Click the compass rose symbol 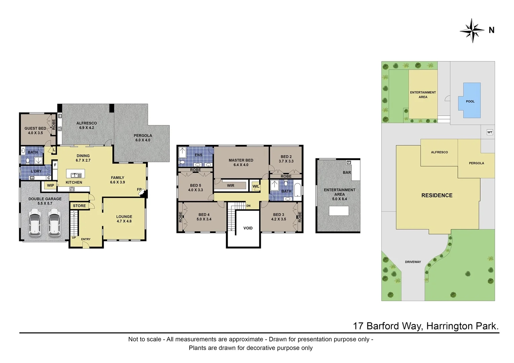[x=472, y=31]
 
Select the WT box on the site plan [x=490, y=132]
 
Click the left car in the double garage [x=35, y=222]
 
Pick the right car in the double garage [x=54, y=222]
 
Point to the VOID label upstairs [x=248, y=228]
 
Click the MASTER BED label [x=241, y=160]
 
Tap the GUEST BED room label [x=35, y=128]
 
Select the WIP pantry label [x=50, y=186]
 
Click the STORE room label [x=79, y=206]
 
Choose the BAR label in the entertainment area [x=347, y=172]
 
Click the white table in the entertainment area [x=339, y=211]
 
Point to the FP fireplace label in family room [x=139, y=190]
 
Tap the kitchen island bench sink [x=76, y=175]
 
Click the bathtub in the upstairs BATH [x=297, y=190]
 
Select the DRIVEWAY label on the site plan [x=413, y=262]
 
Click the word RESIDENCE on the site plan [x=437, y=195]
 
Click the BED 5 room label [x=195, y=186]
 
